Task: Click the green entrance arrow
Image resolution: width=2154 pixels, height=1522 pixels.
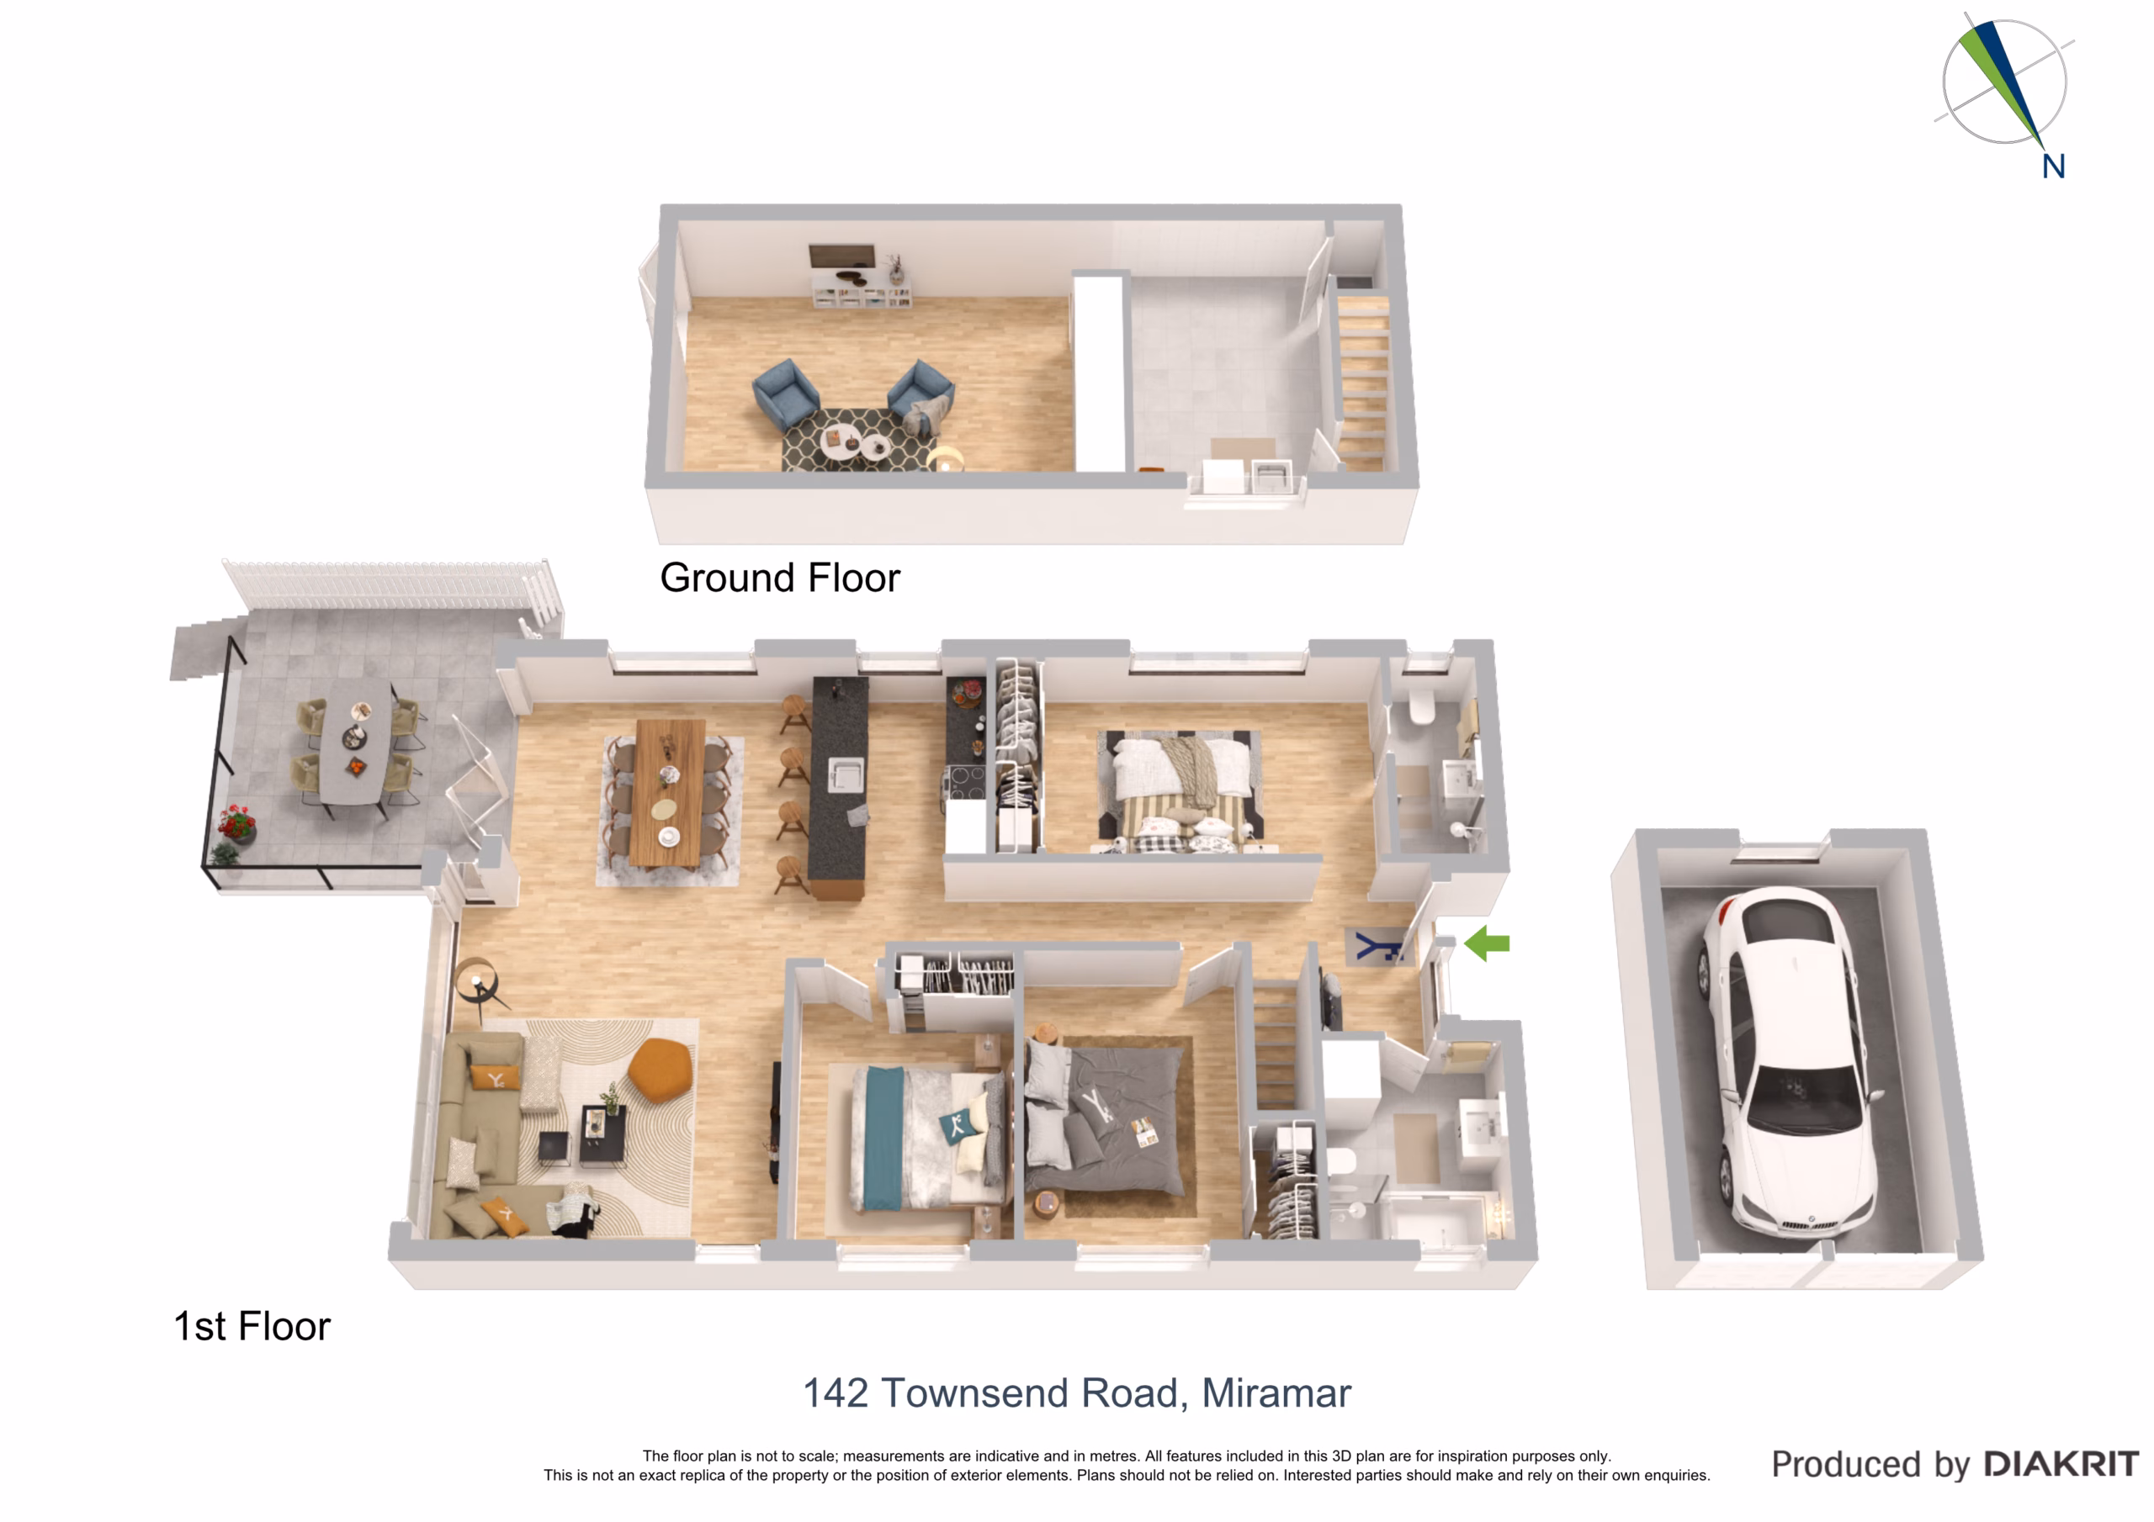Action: tap(1487, 943)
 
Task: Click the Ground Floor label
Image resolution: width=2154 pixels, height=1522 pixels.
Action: tap(780, 578)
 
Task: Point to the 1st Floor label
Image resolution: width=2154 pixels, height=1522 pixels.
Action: tap(252, 1326)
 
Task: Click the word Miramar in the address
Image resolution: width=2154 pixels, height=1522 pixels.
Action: tap(1276, 1393)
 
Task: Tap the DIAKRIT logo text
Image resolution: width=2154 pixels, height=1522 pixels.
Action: tap(2061, 1464)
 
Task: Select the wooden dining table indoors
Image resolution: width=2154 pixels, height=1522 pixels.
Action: tap(670, 792)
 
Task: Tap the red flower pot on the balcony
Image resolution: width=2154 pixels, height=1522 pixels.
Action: tap(236, 822)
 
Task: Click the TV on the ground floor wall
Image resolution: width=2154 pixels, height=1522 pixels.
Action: tap(841, 257)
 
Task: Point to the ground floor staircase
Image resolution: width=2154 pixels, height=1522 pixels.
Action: tap(1362, 380)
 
